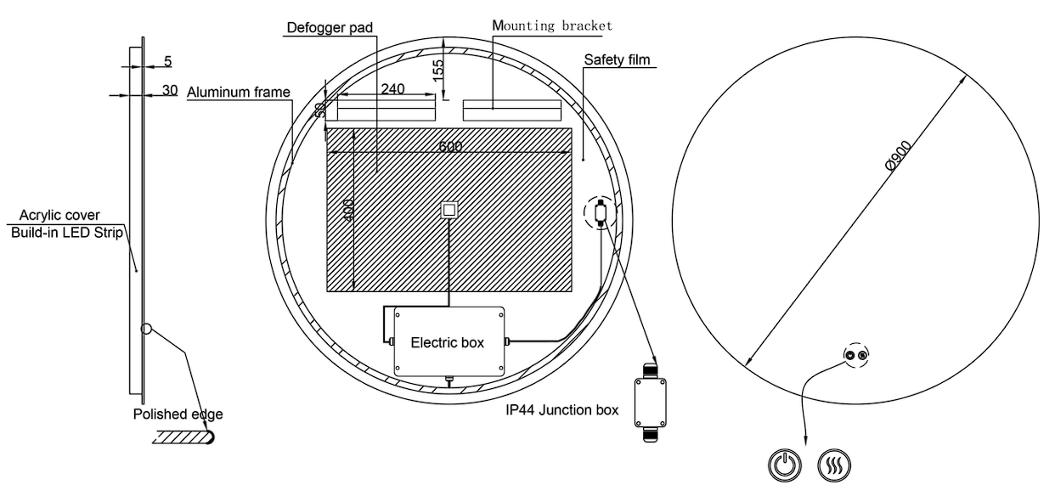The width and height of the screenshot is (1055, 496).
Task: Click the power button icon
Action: pos(785,465)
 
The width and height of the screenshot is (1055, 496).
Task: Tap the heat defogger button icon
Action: pos(834,465)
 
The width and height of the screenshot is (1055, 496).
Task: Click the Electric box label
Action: pos(447,342)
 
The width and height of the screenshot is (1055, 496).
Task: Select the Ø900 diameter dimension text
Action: pos(899,155)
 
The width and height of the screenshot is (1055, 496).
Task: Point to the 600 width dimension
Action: pos(450,146)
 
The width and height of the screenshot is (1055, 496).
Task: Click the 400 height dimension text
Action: pos(348,211)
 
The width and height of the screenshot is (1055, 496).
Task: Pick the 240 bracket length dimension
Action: pos(392,88)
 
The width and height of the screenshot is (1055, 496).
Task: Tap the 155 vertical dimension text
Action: pos(438,70)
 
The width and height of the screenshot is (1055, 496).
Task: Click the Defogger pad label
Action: pos(330,27)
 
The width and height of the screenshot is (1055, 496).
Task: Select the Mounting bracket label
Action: pos(552,25)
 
